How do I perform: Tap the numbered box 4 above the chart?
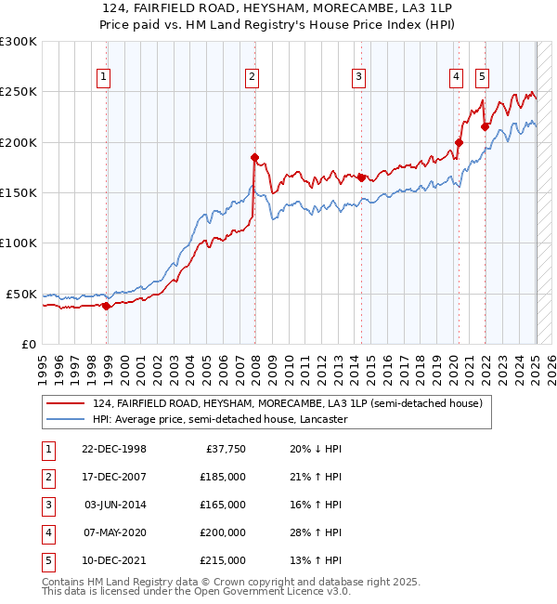pos(457,77)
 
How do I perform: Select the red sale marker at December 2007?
pos(253,157)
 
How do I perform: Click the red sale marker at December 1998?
pos(106,306)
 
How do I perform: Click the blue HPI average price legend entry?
pos(219,419)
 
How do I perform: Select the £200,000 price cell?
pos(223,533)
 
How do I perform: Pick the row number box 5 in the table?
pos(46,561)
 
